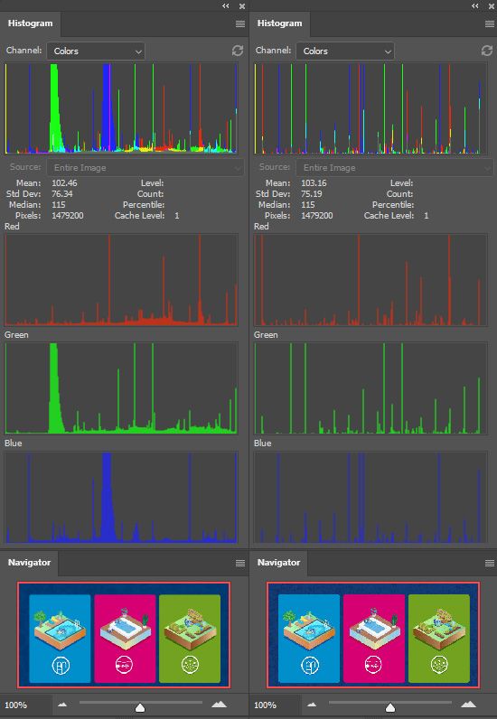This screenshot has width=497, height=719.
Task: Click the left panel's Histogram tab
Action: pyautogui.click(x=31, y=23)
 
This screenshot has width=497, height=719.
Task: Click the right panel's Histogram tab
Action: pyautogui.click(x=280, y=23)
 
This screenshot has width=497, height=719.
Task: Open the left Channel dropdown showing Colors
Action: pyautogui.click(x=96, y=51)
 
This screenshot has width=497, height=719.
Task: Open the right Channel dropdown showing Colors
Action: pyautogui.click(x=345, y=51)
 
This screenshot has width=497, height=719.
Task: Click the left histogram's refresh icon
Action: pyautogui.click(x=238, y=51)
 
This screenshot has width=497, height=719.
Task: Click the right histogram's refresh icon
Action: pyautogui.click(x=486, y=51)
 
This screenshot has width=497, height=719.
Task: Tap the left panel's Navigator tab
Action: pyautogui.click(x=30, y=563)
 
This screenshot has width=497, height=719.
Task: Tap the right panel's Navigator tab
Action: pyautogui.click(x=279, y=563)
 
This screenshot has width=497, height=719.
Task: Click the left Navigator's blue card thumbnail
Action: pyautogui.click(x=61, y=638)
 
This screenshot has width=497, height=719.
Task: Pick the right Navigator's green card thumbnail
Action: pyautogui.click(x=439, y=638)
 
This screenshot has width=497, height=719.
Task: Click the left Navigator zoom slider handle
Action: pyautogui.click(x=140, y=706)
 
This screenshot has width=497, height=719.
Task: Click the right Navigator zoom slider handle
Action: pyautogui.click(x=389, y=706)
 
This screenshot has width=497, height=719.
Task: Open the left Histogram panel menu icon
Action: pyautogui.click(x=240, y=23)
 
